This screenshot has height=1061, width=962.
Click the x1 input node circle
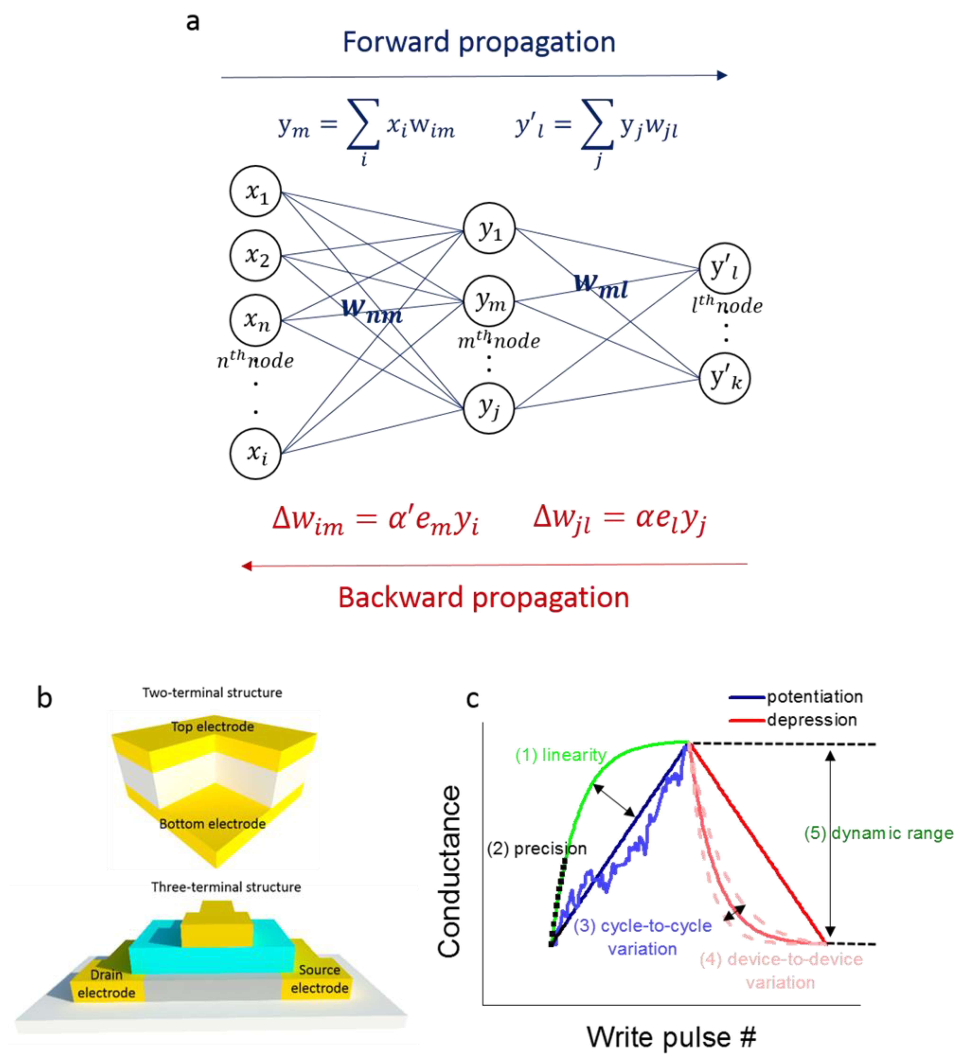click(x=255, y=192)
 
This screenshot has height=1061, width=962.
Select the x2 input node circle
click(x=255, y=256)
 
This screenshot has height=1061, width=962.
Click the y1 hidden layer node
click(x=489, y=229)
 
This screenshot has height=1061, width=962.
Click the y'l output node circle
click(x=725, y=269)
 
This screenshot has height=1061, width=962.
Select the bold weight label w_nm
click(x=372, y=311)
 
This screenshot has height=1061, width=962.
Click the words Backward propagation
click(x=483, y=598)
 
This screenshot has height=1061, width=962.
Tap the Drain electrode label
click(x=106, y=984)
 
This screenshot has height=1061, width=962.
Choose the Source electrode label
click(x=320, y=979)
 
